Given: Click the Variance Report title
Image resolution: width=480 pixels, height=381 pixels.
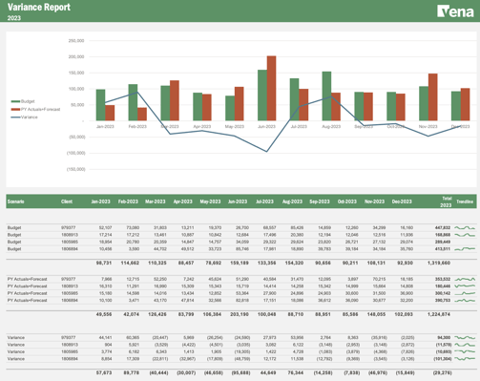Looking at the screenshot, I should [37, 7].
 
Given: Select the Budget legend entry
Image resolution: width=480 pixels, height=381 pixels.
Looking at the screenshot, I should [28, 100].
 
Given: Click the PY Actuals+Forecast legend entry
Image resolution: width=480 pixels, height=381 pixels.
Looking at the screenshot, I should [39, 109].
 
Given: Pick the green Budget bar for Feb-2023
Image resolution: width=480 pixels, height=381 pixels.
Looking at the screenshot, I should [133, 102].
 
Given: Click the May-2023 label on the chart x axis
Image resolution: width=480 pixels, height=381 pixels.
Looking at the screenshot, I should [234, 126].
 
